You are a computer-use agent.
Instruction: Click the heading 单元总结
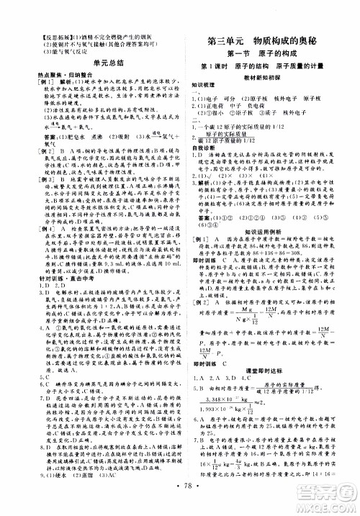(89, 63)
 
